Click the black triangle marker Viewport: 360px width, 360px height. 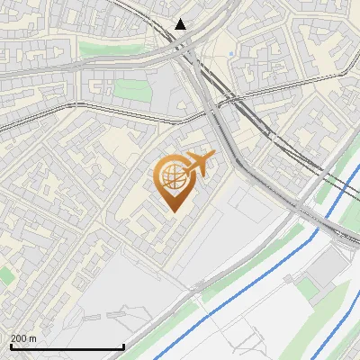click(182, 24)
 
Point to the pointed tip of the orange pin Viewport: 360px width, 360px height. click(173, 211)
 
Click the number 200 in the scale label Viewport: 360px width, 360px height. click(19, 339)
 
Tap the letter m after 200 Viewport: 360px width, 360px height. click(32, 339)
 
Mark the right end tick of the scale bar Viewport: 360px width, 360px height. click(123, 346)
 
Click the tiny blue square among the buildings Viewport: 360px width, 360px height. click(231, 54)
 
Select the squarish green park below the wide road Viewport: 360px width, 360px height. click(130, 89)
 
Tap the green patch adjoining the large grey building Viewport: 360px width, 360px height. click(309, 287)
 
